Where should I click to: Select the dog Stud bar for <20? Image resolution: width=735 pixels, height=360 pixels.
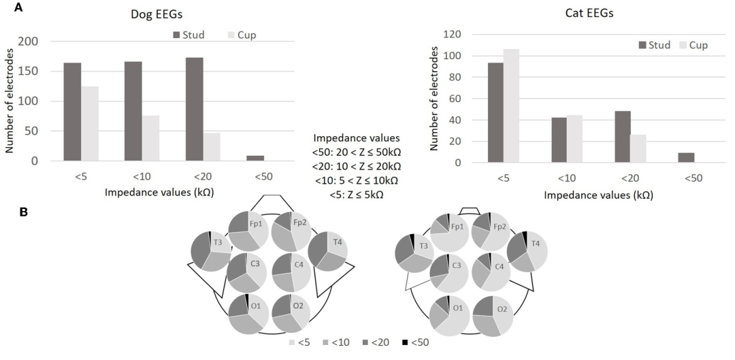click(x=193, y=109)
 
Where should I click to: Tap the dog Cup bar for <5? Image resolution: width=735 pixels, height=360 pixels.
click(x=90, y=123)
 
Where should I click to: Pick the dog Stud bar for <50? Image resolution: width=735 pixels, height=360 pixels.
click(x=255, y=158)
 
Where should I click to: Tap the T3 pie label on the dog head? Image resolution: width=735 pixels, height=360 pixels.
click(x=218, y=242)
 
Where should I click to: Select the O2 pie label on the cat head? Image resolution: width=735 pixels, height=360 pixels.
click(x=502, y=310)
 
